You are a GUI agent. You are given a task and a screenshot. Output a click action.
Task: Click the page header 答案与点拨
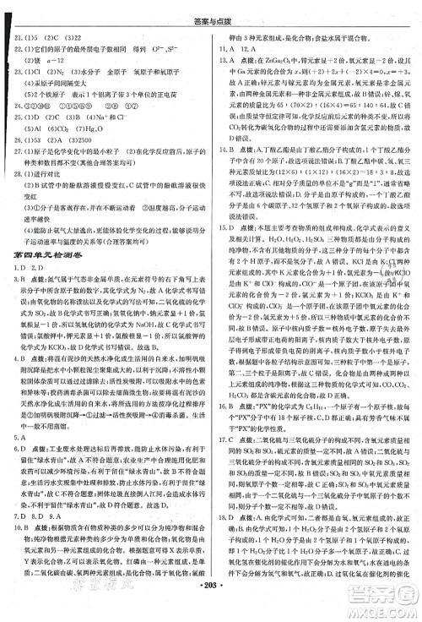tap(210, 8)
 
